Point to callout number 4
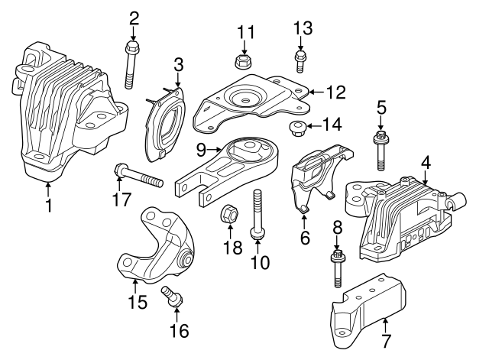tap(426, 163)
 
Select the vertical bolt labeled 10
tap(256, 218)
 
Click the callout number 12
tap(336, 92)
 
